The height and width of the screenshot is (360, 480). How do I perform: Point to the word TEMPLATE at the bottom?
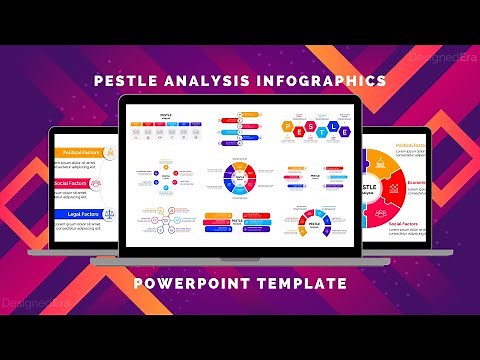[x=299, y=284]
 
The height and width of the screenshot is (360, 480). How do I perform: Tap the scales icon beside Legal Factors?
[x=108, y=214]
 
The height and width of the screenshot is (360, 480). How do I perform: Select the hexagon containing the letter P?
[x=287, y=128]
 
